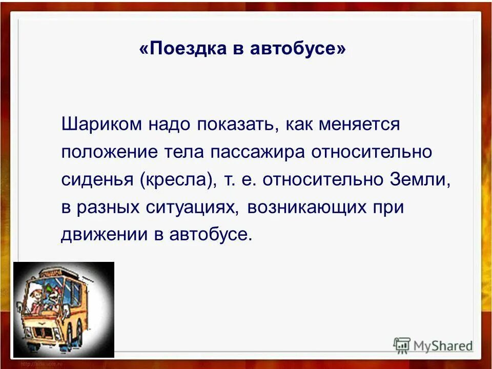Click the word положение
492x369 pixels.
coord(107,152)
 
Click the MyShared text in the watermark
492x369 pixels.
coord(444,345)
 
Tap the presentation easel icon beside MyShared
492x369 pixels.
coord(403,345)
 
